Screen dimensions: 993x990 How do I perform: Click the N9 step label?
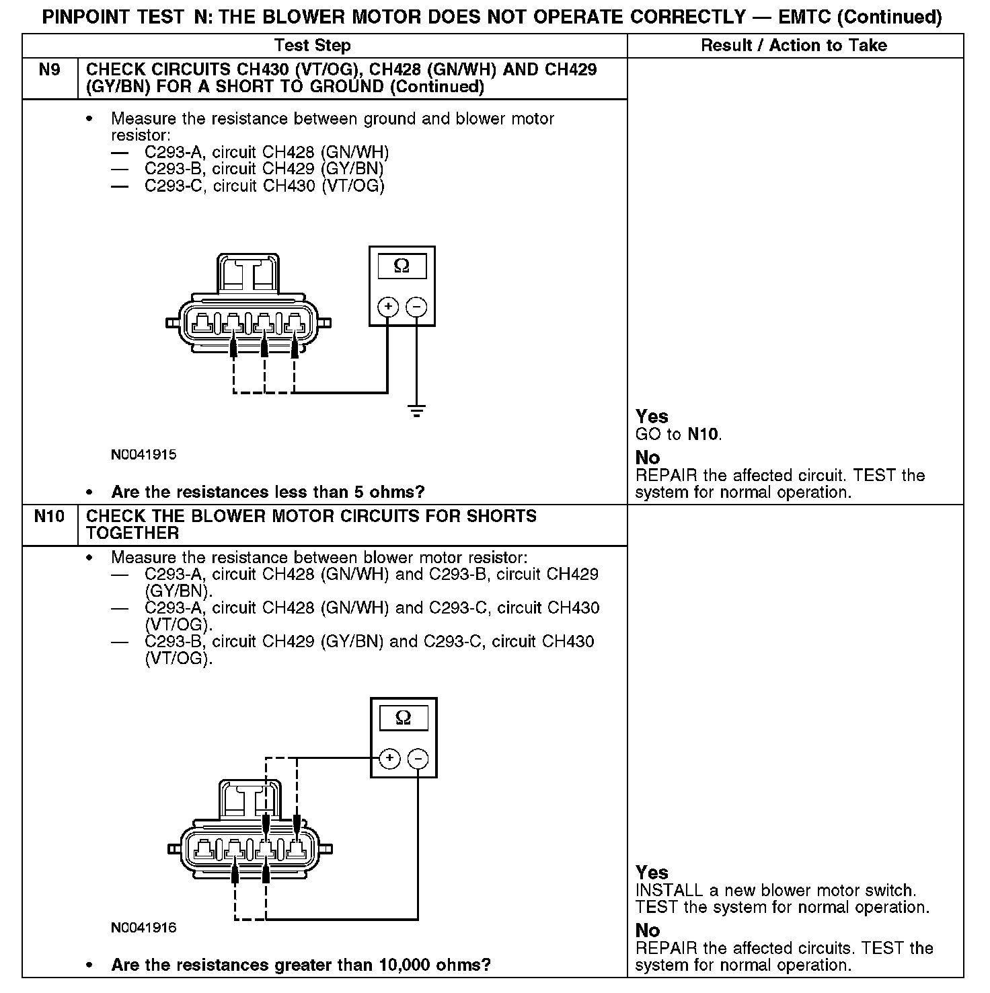[50, 70]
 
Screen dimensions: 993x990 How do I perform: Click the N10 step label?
[50, 517]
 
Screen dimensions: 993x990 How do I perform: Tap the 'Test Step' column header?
[313, 46]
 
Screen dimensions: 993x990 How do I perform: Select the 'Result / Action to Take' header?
[794, 46]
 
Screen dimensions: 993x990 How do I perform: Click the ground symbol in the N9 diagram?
[417, 411]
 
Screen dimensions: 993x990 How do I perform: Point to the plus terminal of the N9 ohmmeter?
[388, 307]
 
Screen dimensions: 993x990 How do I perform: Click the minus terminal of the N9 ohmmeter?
[417, 307]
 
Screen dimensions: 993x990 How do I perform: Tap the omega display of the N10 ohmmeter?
[403, 718]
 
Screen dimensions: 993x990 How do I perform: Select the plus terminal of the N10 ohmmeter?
[389, 759]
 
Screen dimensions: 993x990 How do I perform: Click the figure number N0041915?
[144, 455]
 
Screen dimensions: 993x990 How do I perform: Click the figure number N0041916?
[144, 928]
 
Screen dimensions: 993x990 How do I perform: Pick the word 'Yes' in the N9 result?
[652, 416]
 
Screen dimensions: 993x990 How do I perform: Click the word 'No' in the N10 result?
[648, 930]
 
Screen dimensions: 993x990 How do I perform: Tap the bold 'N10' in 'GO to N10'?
[703, 434]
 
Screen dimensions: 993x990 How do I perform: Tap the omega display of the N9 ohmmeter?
[402, 266]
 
